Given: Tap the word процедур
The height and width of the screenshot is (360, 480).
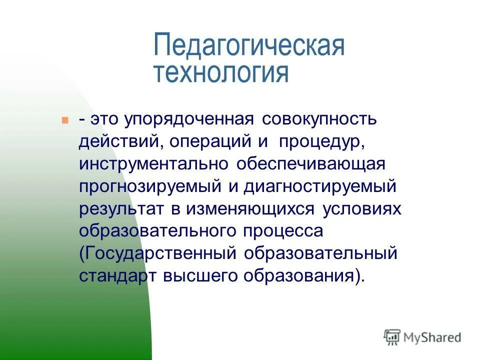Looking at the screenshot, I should coord(321,142).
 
